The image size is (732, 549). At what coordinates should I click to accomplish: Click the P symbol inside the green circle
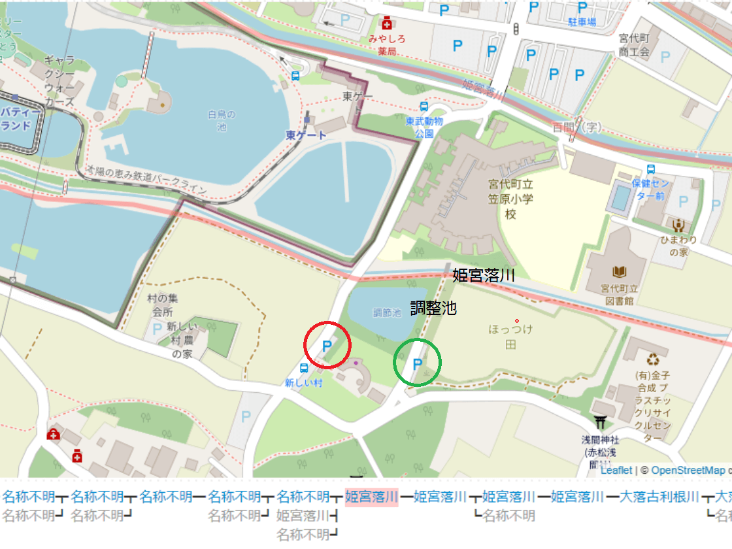pyautogui.click(x=416, y=363)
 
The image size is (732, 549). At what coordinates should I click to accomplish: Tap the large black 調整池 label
pyautogui.click(x=433, y=308)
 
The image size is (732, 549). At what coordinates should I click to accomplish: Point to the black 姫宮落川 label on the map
pyautogui.click(x=484, y=275)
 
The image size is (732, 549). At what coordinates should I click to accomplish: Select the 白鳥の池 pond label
pyautogui.click(x=221, y=120)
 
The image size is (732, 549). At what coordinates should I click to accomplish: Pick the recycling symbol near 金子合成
pyautogui.click(x=653, y=359)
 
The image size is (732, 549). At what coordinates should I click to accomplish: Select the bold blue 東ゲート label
pyautogui.click(x=306, y=135)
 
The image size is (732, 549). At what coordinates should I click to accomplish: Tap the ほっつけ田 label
pyautogui.click(x=510, y=336)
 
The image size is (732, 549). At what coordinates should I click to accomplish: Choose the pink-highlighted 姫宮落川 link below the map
pyautogui.click(x=371, y=496)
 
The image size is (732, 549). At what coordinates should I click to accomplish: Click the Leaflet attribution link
pyautogui.click(x=616, y=470)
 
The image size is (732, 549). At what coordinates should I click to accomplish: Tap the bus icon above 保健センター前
pyautogui.click(x=651, y=169)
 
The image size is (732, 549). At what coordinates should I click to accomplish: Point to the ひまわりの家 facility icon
pyautogui.click(x=678, y=225)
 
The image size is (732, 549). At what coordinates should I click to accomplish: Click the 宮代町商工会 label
pyautogui.click(x=633, y=46)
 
